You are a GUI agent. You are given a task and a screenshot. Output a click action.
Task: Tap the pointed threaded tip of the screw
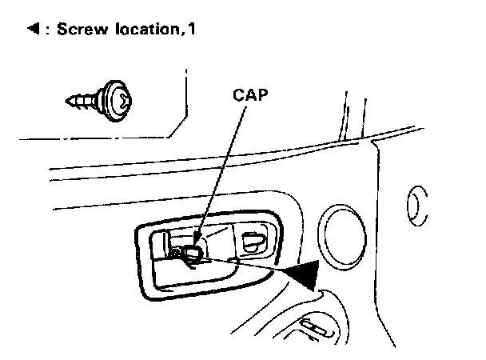67,101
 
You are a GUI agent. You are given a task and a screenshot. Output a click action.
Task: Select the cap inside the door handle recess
193,255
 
